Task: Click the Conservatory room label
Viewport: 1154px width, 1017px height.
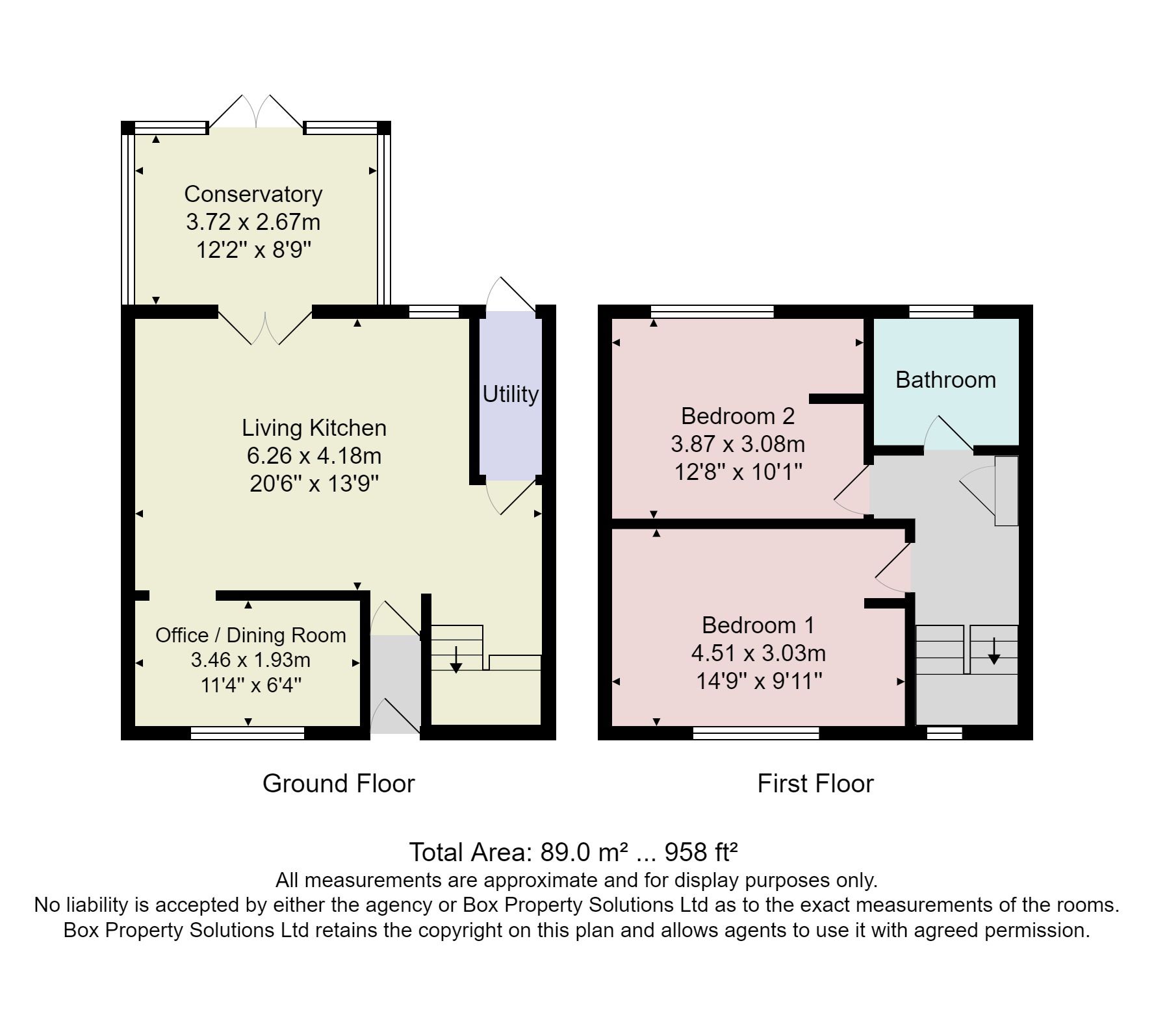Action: click(253, 194)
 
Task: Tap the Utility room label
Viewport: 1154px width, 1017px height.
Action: click(510, 394)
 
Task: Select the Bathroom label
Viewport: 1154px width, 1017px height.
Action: click(945, 379)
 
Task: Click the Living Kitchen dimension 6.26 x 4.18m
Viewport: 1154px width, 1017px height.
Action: click(314, 456)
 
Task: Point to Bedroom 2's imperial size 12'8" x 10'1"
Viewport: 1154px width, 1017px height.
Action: click(738, 471)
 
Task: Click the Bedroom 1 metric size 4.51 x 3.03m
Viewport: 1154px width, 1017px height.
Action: click(758, 653)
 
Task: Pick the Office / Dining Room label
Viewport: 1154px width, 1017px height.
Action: click(250, 634)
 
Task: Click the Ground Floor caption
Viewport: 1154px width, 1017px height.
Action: click(339, 783)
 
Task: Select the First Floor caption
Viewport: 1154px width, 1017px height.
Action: click(815, 783)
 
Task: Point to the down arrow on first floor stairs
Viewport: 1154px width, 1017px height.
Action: click(994, 651)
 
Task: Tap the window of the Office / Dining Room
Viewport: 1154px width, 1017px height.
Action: click(248, 733)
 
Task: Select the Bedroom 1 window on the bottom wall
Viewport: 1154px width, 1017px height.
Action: click(756, 733)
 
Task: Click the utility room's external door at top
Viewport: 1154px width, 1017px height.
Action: click(511, 295)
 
